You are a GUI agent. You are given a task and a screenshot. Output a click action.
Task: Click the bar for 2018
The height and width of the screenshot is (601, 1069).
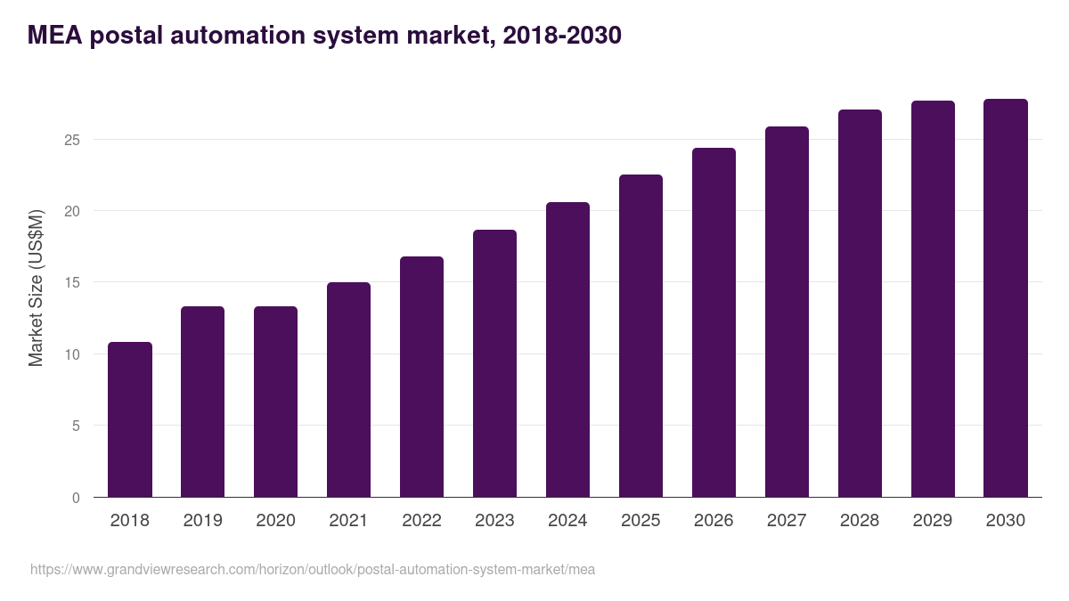pyautogui.click(x=130, y=419)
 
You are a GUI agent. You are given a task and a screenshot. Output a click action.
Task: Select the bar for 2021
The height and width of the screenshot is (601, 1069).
pyautogui.click(x=348, y=390)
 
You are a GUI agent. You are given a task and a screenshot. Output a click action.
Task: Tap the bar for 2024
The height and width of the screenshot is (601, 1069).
pyautogui.click(x=567, y=350)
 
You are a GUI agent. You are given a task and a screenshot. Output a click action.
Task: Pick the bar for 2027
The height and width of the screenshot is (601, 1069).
pyautogui.click(x=787, y=312)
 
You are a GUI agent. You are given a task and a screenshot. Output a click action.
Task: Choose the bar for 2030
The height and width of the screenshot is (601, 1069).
pyautogui.click(x=1006, y=298)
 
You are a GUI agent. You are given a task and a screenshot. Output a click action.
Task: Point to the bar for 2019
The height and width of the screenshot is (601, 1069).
pyautogui.click(x=202, y=402)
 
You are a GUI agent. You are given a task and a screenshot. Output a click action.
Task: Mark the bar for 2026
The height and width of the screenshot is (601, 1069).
pyautogui.click(x=714, y=322)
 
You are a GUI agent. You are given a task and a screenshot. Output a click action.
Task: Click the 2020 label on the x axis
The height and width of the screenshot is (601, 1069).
pyautogui.click(x=275, y=521)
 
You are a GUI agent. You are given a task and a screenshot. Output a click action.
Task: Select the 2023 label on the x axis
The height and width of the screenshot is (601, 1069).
pyautogui.click(x=494, y=521)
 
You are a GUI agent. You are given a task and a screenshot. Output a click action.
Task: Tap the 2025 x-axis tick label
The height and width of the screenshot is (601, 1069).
pyautogui.click(x=641, y=521)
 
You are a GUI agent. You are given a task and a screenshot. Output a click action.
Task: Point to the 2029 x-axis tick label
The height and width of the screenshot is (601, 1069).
pyautogui.click(x=933, y=521)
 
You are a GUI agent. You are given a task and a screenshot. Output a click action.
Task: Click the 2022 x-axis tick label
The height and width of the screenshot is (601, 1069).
pyautogui.click(x=421, y=521)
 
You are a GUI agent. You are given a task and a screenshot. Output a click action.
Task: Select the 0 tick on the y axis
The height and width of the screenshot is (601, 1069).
pyautogui.click(x=76, y=498)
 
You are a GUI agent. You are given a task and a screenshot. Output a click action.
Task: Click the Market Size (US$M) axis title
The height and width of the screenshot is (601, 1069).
pyautogui.click(x=36, y=288)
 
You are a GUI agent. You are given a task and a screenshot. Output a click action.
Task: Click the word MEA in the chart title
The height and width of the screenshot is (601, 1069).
pyautogui.click(x=58, y=36)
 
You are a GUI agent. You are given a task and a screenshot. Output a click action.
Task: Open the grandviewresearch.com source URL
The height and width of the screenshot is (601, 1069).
pyautogui.click(x=312, y=569)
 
